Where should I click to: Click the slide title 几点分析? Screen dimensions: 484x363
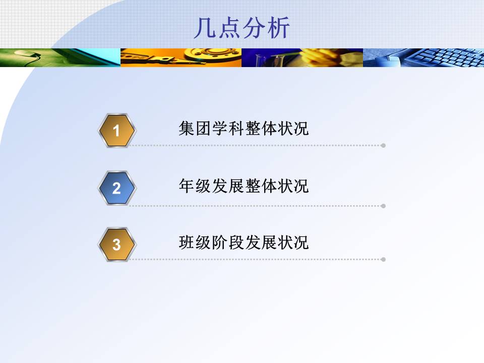242,28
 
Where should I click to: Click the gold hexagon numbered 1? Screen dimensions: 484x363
116,131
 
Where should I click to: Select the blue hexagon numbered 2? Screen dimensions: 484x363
116,188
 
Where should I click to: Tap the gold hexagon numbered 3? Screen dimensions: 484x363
116,245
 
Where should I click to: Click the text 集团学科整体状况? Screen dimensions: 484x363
244,129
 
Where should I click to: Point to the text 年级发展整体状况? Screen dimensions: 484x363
244,186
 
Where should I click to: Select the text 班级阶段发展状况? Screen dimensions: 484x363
244,243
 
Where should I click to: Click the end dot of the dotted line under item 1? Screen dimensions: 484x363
383,145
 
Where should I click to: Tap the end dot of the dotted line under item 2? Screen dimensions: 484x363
383,206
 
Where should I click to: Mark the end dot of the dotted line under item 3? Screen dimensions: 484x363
383,260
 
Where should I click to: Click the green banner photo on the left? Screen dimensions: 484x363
60,57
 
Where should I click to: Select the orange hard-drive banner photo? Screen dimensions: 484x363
181,57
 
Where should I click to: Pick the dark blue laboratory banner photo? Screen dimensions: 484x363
302,57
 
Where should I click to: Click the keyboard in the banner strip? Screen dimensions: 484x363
445,57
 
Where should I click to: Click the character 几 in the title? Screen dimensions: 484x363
205,28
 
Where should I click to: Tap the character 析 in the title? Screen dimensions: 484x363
278,28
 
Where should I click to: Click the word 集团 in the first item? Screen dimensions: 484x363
195,129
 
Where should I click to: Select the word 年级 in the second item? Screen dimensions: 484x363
195,186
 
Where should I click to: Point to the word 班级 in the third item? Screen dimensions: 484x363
195,243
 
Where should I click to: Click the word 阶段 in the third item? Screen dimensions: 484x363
227,243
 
